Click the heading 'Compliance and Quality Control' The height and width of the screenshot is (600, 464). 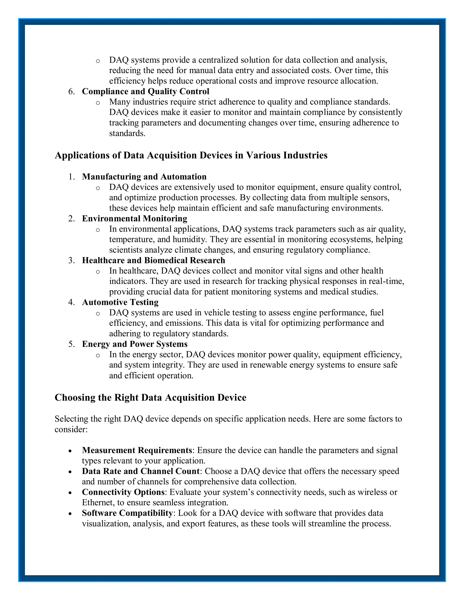pos(145,91)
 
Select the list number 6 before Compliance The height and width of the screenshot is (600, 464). pos(71,91)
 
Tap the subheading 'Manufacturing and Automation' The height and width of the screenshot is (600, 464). pos(144,177)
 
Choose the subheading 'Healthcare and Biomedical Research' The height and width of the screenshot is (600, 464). pos(153,260)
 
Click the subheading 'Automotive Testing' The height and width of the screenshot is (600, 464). pos(120,302)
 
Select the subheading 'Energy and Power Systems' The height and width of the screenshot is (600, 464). pos(135,344)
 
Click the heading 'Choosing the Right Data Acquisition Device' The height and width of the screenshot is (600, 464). pos(150,398)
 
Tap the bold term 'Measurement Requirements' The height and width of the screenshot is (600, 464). pos(137,450)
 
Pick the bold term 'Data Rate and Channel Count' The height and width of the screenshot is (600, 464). pos(141,471)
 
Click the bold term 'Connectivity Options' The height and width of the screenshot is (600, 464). pos(123,492)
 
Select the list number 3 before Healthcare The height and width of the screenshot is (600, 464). pos(71,260)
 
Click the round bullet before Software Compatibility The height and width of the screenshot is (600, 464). pos(70,514)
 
